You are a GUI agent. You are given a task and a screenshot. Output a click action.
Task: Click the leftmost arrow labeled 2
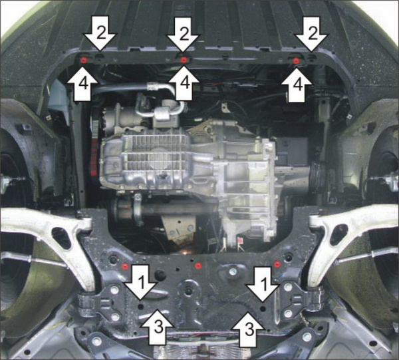click(x=98, y=35)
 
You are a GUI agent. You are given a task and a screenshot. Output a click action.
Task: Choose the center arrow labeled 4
click(x=182, y=85)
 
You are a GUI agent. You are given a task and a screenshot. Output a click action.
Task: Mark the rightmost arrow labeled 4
click(x=296, y=85)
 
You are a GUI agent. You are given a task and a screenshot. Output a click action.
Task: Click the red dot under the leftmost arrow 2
click(x=83, y=61)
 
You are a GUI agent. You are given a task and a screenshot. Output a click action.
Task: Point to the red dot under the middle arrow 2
click(x=183, y=60)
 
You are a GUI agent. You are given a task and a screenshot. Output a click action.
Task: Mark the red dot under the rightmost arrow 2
click(x=297, y=61)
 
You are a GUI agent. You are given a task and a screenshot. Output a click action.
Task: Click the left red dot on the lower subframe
click(x=125, y=267)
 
